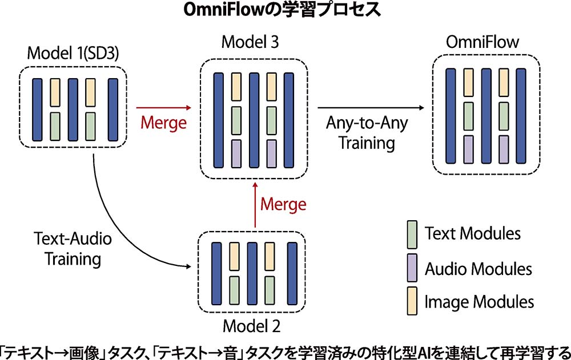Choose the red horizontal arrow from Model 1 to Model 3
pyautogui.click(x=164, y=107)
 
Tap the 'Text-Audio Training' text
pyautogui.click(x=73, y=249)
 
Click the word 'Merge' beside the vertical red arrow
pyautogui.click(x=283, y=204)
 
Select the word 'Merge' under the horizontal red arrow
pyautogui.click(x=164, y=123)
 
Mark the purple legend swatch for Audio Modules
pyautogui.click(x=412, y=268)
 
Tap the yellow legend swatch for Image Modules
pyautogui.click(x=412, y=301)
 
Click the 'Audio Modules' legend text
pyautogui.click(x=478, y=268)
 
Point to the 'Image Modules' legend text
pyautogui.click(x=479, y=301)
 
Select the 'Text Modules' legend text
pyautogui.click(x=472, y=234)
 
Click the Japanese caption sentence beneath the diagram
pyautogui.click(x=285, y=349)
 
